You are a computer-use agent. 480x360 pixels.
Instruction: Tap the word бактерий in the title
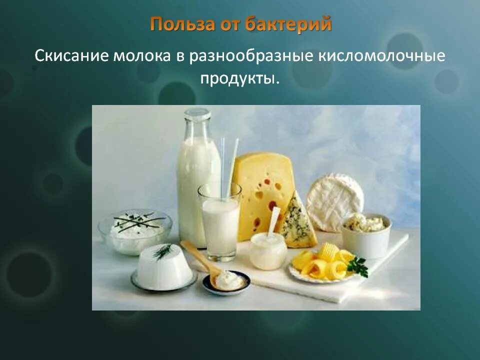tap(288, 24)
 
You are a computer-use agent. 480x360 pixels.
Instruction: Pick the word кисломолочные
tap(381, 55)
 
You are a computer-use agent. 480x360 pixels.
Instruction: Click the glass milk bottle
tap(197, 175)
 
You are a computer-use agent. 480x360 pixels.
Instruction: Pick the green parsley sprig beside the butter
tap(358, 266)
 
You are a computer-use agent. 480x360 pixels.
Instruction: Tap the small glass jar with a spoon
tap(268, 250)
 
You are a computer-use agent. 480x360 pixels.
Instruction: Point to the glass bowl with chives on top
tap(135, 230)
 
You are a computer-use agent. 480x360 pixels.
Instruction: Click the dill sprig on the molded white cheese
tap(162, 251)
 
